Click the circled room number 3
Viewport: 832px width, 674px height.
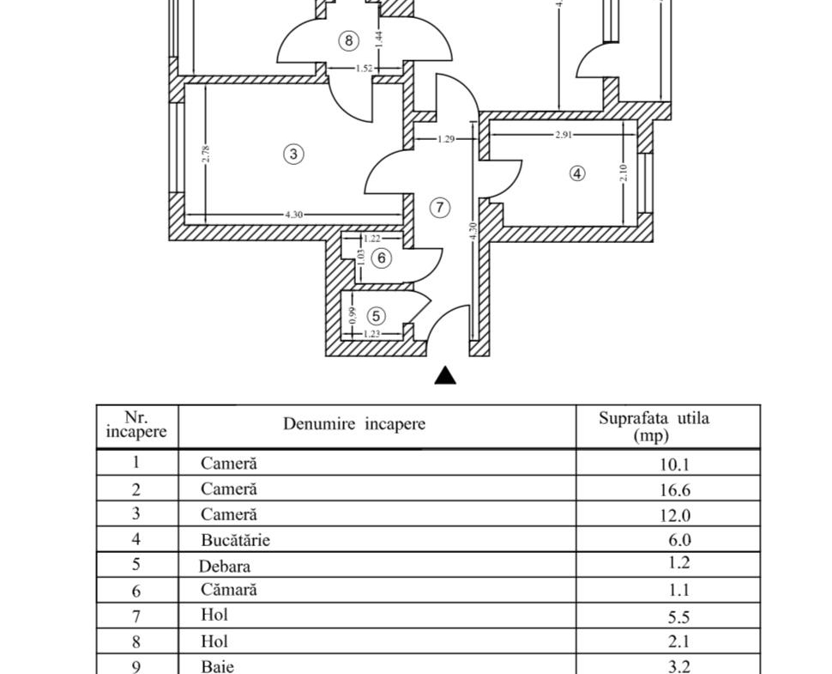(x=293, y=154)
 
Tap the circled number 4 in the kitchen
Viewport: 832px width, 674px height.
(x=577, y=173)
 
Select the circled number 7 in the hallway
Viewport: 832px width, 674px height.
(x=439, y=207)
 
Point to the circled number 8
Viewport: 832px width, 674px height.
(x=348, y=40)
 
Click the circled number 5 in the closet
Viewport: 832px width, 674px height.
(x=377, y=316)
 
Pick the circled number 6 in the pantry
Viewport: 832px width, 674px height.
(x=382, y=258)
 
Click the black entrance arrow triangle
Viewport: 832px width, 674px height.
(x=445, y=375)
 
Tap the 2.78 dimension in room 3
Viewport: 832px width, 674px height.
(x=206, y=154)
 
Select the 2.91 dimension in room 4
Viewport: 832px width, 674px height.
(x=564, y=135)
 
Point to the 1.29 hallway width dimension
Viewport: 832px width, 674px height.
(x=446, y=139)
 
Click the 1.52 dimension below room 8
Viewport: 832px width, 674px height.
(x=364, y=68)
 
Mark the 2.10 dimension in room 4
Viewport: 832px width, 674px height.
(x=624, y=173)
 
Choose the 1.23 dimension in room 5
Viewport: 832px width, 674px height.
(x=372, y=334)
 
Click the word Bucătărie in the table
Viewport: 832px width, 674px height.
(x=235, y=540)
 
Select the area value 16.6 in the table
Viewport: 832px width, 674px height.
(x=675, y=489)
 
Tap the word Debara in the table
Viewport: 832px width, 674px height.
(x=225, y=566)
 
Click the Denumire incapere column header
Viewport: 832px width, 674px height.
(x=354, y=424)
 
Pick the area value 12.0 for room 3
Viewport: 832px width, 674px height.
(x=675, y=515)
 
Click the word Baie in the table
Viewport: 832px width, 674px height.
(x=217, y=666)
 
